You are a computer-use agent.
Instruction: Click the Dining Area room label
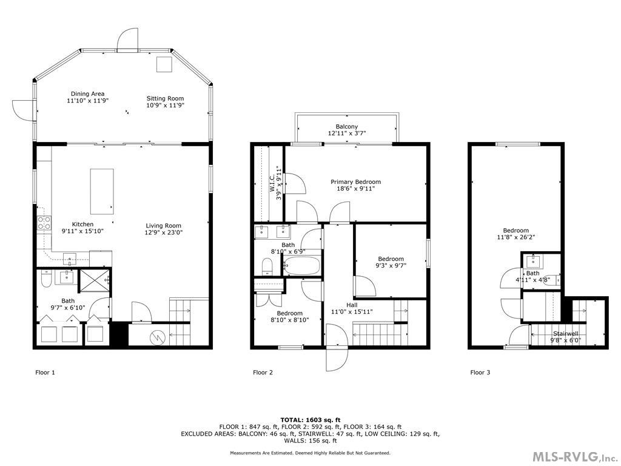pyautogui.click(x=87, y=94)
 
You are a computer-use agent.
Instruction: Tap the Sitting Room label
pyautogui.click(x=165, y=98)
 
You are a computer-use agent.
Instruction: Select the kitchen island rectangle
pyautogui.click(x=103, y=191)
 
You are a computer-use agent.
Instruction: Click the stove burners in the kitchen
pyautogui.click(x=44, y=223)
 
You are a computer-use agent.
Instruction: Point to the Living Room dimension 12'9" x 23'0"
pyautogui.click(x=163, y=232)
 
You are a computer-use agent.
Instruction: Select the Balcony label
pyautogui.click(x=346, y=126)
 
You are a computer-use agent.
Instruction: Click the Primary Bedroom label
pyautogui.click(x=355, y=181)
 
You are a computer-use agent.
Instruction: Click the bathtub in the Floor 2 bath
pyautogui.click(x=301, y=266)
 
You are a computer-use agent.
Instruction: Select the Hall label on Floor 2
pyautogui.click(x=352, y=305)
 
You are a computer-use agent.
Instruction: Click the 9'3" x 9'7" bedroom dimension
pyautogui.click(x=391, y=265)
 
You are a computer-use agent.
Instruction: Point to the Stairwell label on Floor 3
pyautogui.click(x=565, y=334)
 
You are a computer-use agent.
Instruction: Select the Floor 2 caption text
pyautogui.click(x=263, y=373)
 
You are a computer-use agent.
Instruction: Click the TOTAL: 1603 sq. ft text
pyautogui.click(x=310, y=420)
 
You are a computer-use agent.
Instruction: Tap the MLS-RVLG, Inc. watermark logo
pyautogui.click(x=573, y=456)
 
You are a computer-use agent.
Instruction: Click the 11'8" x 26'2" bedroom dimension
pyautogui.click(x=515, y=238)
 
